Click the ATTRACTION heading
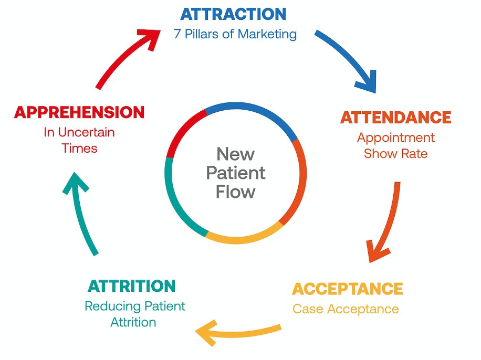click(233, 14)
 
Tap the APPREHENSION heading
click(79, 112)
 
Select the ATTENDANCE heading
click(396, 118)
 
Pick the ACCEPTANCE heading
click(347, 289)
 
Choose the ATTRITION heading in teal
click(132, 286)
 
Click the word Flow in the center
click(236, 192)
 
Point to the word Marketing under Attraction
click(267, 34)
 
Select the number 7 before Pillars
click(177, 34)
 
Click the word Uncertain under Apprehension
click(86, 132)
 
